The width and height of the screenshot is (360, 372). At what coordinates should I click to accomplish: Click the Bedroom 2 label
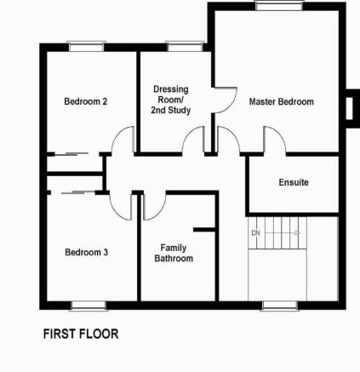(x=86, y=101)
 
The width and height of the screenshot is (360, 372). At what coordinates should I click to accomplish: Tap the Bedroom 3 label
(x=86, y=252)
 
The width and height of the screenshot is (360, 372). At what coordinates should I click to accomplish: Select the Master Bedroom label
(x=282, y=101)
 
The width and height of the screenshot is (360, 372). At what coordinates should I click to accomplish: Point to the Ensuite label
(x=294, y=182)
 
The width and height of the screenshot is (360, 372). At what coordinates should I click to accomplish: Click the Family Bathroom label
(x=174, y=253)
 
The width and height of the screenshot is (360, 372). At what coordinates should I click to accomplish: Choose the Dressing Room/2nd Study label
(x=171, y=100)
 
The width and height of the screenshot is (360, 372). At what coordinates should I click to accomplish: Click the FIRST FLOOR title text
(x=81, y=334)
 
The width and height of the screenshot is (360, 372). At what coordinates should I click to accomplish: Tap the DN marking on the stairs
(x=255, y=233)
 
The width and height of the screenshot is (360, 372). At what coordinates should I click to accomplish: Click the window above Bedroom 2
(x=86, y=47)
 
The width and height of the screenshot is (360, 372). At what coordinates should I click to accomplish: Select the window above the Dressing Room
(x=186, y=47)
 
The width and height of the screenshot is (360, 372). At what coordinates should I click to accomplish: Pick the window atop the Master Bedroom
(x=279, y=6)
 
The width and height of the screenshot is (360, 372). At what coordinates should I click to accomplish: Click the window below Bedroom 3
(x=89, y=306)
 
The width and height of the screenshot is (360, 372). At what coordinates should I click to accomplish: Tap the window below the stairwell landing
(x=280, y=306)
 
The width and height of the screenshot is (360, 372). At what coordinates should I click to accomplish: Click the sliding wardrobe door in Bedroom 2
(x=71, y=154)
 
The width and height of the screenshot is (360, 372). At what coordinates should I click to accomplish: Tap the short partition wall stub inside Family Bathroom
(x=204, y=230)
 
